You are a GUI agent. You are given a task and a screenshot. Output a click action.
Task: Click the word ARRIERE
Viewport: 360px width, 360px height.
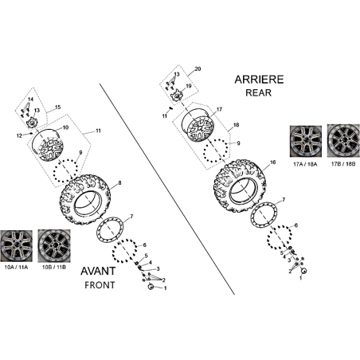259,80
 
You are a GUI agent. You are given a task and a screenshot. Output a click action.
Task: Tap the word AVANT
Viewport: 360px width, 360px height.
98,271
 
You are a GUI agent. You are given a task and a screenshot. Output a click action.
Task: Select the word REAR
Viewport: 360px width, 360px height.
258,92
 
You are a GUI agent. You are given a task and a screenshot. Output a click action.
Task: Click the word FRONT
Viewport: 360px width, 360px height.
100,285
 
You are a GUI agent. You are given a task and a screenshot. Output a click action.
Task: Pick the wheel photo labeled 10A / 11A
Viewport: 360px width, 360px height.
17,246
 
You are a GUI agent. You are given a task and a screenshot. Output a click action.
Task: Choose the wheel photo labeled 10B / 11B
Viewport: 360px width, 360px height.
54,246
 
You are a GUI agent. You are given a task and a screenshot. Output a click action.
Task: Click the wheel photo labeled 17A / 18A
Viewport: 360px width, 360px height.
306,142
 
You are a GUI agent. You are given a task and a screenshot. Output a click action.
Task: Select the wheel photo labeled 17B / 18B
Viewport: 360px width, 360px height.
343,142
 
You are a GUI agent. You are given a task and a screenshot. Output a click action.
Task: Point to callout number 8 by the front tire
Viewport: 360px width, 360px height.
119,182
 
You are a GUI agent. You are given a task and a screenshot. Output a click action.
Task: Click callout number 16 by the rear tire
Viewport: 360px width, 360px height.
272,162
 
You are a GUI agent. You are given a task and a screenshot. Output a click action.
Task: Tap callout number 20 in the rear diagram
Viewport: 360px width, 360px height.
198,68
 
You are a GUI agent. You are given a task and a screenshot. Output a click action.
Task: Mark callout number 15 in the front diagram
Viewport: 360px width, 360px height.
57,108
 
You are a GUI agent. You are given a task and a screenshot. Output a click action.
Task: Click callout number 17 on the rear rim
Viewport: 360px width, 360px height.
219,109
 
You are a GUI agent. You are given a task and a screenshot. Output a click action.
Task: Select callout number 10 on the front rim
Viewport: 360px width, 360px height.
65,127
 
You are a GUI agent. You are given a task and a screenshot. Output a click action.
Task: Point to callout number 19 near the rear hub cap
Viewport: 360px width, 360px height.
189,86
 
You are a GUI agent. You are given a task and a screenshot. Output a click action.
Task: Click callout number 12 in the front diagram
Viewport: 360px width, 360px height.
19,136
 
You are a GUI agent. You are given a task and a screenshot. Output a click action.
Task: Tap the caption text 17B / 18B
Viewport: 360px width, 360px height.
343,164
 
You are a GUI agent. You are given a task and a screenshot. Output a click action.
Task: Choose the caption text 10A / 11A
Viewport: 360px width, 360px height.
16,268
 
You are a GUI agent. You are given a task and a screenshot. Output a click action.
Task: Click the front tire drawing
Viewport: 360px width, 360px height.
84,199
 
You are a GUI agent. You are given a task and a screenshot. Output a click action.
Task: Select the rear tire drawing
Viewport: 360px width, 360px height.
240,185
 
